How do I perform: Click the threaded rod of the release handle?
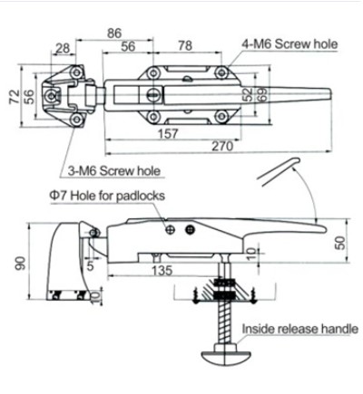221,322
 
